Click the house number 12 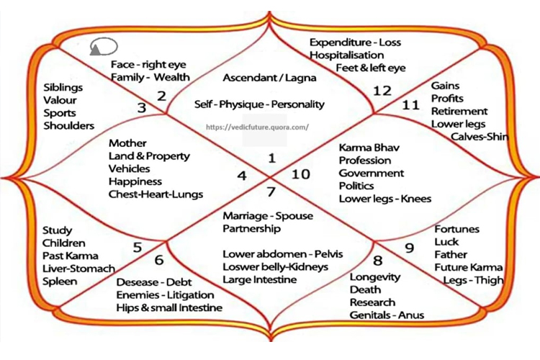click(382, 91)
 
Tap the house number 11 click(410, 104)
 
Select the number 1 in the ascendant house click(272, 158)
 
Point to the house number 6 click(159, 260)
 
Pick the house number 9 click(409, 248)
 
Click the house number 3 click(142, 108)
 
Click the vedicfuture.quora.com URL click(257, 127)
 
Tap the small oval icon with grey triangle click(104, 47)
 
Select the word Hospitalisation click(346, 55)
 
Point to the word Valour click(60, 100)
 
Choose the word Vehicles click(129, 168)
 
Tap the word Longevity click(374, 277)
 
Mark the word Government click(372, 173)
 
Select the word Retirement click(459, 112)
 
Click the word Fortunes click(456, 229)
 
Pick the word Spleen click(60, 282)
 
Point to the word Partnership click(251, 229)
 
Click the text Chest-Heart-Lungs click(156, 194)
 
